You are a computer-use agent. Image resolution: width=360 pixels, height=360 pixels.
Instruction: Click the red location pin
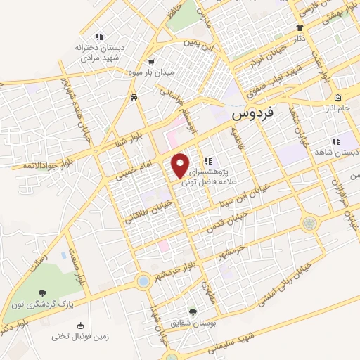tap(181, 165)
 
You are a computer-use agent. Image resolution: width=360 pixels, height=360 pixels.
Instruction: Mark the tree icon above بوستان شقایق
tap(193, 311)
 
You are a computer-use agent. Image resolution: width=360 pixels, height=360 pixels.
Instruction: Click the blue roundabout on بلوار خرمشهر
tap(143, 281)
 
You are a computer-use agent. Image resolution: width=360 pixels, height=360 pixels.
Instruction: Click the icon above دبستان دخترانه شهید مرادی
tap(99, 36)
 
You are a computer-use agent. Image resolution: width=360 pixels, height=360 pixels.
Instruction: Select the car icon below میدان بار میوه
tap(134, 98)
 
